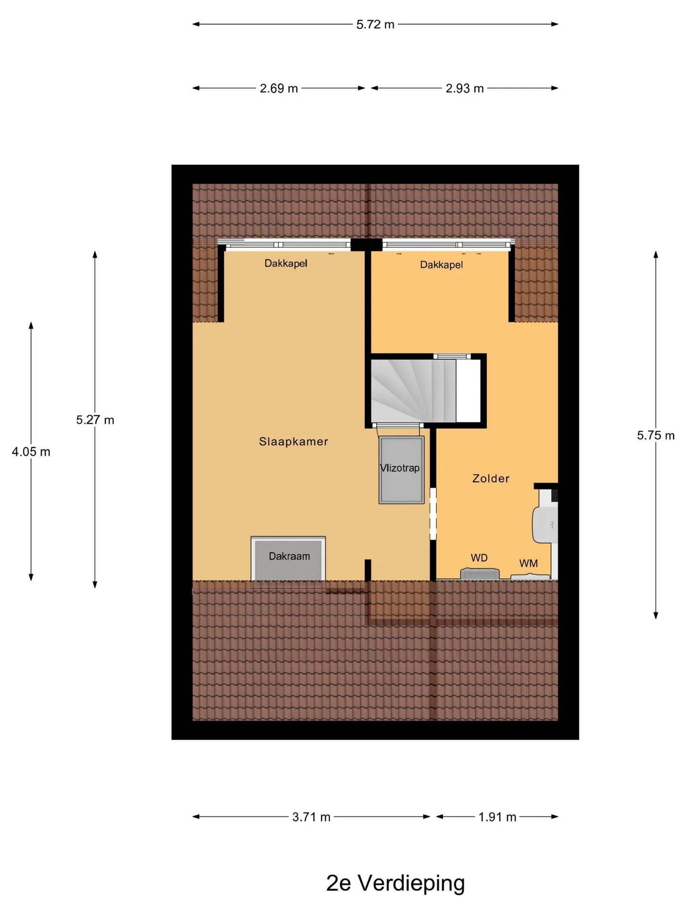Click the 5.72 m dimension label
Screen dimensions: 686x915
coord(375,24)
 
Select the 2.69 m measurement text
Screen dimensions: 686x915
coord(279,88)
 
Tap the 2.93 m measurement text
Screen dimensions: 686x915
coord(464,88)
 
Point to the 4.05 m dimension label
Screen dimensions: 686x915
coord(31,452)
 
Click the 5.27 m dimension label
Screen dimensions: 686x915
coord(95,420)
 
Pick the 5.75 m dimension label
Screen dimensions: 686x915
coord(656,436)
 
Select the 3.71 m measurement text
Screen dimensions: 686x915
coord(311,817)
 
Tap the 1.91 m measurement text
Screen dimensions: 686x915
coord(497,817)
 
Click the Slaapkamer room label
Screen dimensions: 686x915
coord(293,441)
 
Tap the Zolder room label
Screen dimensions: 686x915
coord(491,478)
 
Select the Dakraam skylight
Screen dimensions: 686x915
coord(289,559)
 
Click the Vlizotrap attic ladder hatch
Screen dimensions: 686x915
coord(401,469)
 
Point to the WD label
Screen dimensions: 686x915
coord(479,558)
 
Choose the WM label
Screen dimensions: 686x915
coord(528,563)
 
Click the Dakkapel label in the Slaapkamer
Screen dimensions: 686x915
coord(286,263)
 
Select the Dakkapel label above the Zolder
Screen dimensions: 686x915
coord(441,264)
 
